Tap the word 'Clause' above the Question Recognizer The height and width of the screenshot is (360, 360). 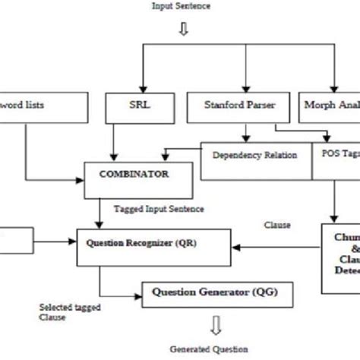(276, 226)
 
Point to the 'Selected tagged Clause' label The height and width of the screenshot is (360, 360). (62, 312)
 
